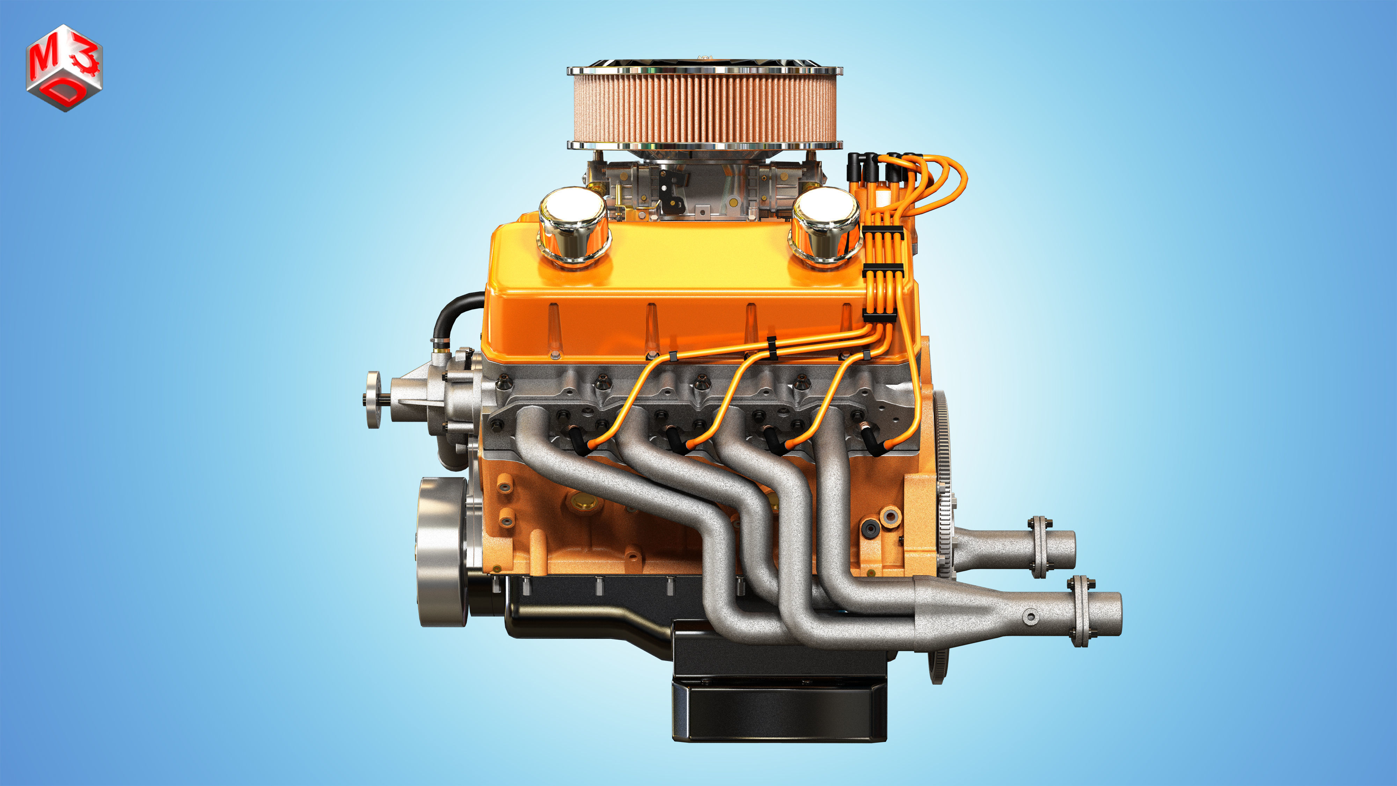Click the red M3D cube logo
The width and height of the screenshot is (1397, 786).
64,67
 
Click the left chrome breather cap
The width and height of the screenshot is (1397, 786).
573,225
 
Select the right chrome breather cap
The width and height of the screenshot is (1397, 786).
825,225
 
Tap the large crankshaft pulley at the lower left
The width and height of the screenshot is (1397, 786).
442,551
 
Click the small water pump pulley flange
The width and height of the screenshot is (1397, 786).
373,399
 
